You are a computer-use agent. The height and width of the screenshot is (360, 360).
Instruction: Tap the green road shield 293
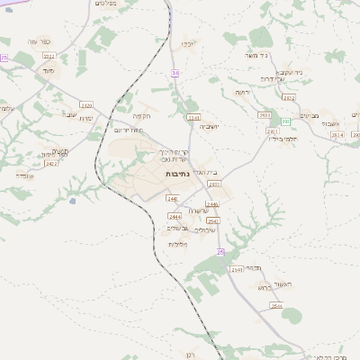tap(284, 121)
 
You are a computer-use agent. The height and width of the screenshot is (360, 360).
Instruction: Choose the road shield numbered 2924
tap(337, 134)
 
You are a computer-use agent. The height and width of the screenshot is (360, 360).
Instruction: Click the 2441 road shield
tap(172, 198)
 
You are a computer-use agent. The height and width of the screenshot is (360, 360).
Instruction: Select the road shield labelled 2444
tap(175, 216)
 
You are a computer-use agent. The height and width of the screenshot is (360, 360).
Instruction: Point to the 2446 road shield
tap(212, 204)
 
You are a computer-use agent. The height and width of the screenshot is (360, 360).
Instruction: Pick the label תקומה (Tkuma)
tap(142, 115)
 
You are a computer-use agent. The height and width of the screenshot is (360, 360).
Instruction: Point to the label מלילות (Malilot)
tap(177, 245)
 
